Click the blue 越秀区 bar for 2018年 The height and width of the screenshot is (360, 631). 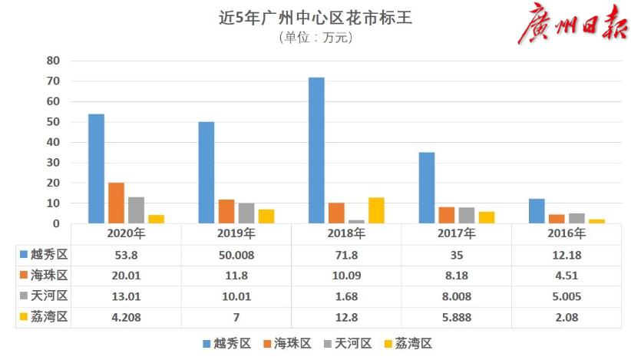pos(316,150)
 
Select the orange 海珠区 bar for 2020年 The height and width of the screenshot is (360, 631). pos(116,203)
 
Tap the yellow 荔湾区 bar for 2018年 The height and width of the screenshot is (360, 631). pos(376,210)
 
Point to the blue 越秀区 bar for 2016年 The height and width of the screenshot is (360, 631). pos(537,211)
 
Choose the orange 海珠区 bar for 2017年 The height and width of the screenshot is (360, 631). pos(447,215)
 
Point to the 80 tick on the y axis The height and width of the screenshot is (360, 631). pos(54,61)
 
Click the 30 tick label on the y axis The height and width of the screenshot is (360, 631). pos(54,163)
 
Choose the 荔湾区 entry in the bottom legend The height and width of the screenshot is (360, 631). pos(415,343)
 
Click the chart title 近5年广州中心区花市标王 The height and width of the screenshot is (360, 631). pos(315,18)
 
